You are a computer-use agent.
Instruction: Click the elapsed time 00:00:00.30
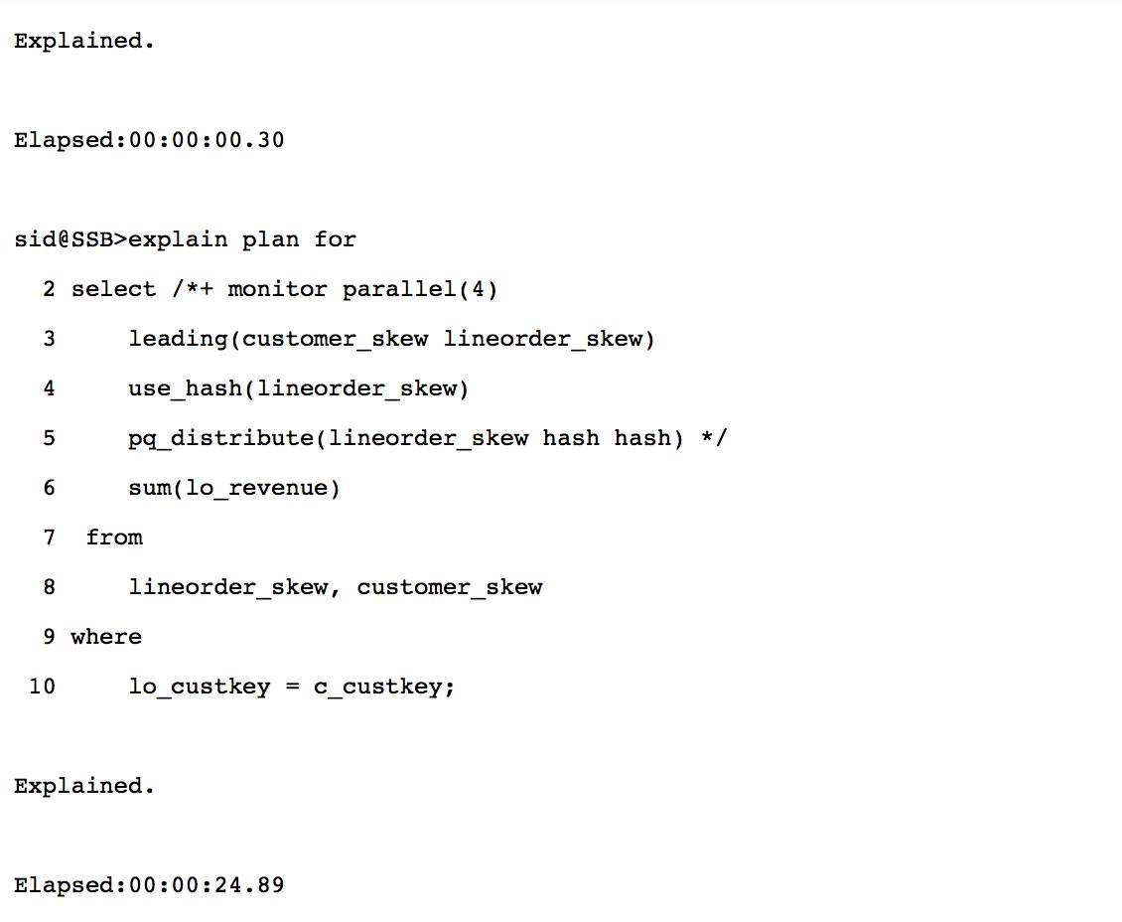tap(207, 140)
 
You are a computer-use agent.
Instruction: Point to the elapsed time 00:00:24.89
tap(207, 885)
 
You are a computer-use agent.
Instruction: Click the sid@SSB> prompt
tap(70, 239)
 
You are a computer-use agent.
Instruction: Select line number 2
tap(50, 289)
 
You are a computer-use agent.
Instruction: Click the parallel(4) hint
tap(420, 289)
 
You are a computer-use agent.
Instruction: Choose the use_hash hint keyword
tap(185, 388)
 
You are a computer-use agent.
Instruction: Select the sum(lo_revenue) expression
tap(234, 488)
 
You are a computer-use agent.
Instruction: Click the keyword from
tap(114, 538)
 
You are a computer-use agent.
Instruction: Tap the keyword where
tap(106, 637)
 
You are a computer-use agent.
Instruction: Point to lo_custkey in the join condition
tap(200, 687)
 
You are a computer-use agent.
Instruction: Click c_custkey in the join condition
tap(384, 687)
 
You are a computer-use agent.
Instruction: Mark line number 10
tap(43, 687)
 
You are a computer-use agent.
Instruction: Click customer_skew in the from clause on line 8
tap(450, 587)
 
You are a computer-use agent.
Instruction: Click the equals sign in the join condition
tap(292, 687)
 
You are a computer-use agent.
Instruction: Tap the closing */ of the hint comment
tap(714, 438)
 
